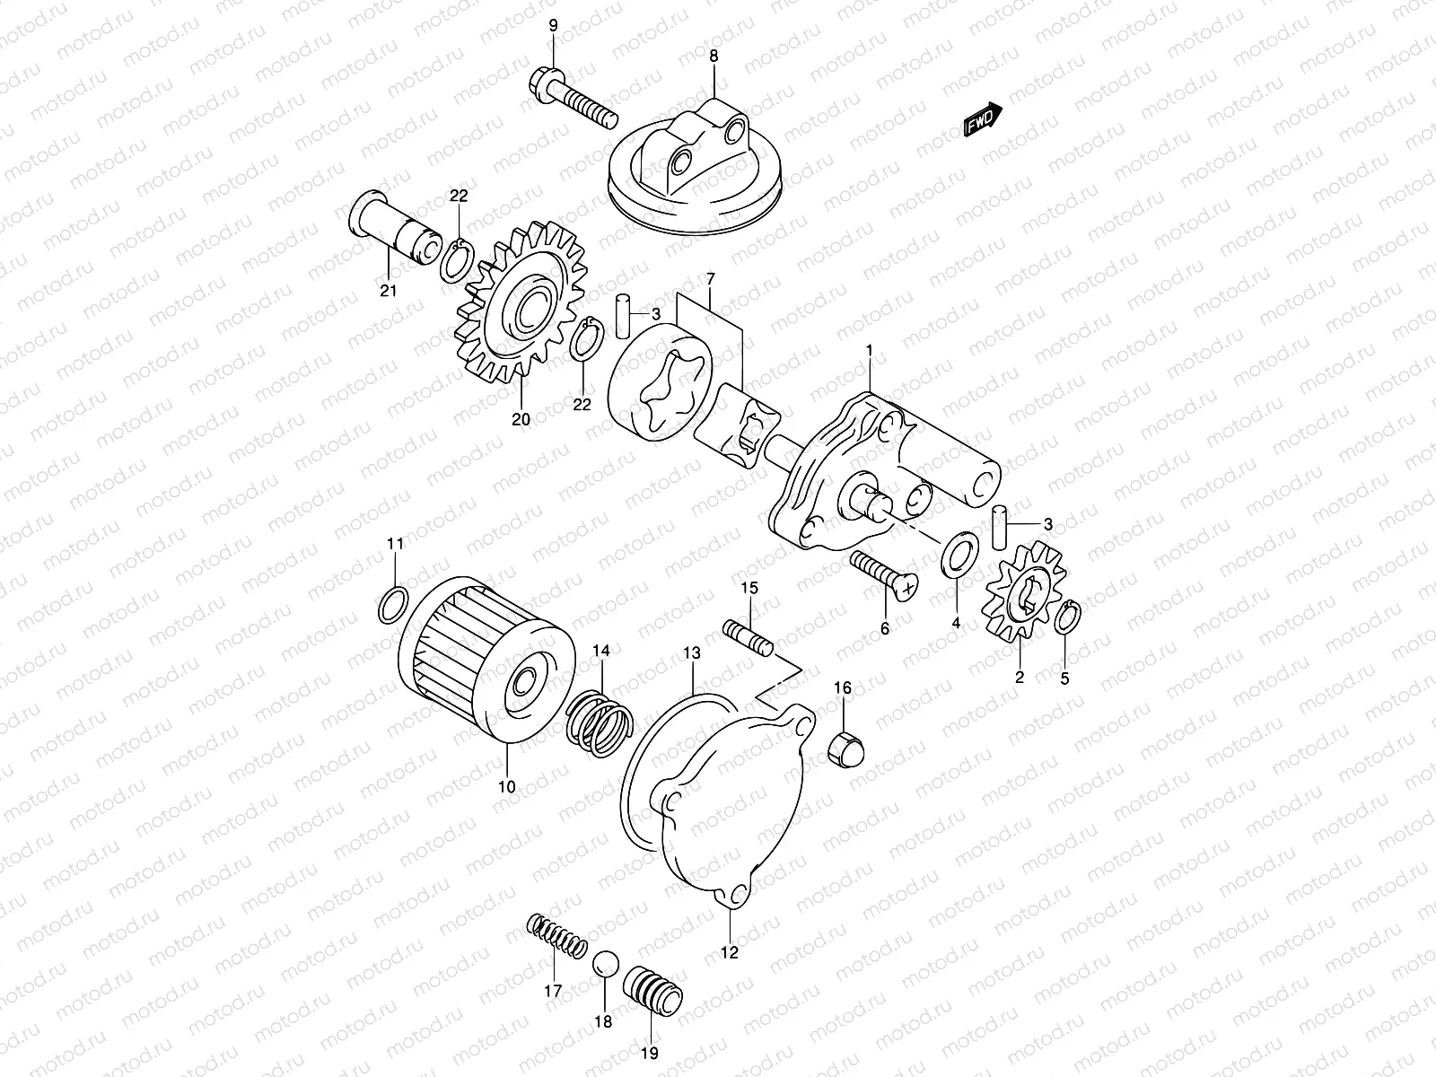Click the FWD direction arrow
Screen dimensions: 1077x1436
983,119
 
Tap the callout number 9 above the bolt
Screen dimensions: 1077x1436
553,26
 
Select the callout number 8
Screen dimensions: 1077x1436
714,56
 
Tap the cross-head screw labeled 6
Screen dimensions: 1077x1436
884,574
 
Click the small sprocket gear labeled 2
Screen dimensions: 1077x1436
1023,592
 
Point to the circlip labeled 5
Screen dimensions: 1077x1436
1067,618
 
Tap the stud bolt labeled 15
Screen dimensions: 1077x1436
748,635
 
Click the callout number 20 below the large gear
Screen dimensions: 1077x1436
521,419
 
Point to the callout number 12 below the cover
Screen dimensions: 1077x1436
729,953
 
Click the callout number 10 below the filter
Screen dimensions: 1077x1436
506,787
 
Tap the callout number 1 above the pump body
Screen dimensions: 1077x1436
868,348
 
